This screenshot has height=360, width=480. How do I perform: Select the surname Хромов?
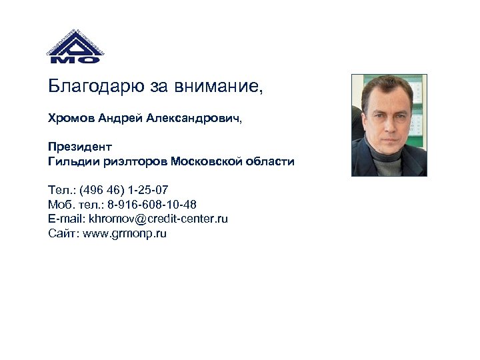pyautogui.click(x=71, y=119)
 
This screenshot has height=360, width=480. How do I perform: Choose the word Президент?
pyautogui.click(x=80, y=147)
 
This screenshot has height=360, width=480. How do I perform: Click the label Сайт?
pyautogui.click(x=63, y=233)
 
